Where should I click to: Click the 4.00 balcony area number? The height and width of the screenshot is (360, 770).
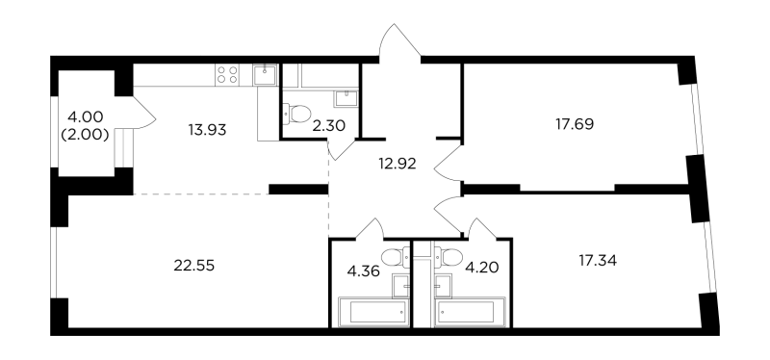tap(86, 118)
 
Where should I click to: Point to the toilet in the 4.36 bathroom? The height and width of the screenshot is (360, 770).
tap(391, 257)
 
